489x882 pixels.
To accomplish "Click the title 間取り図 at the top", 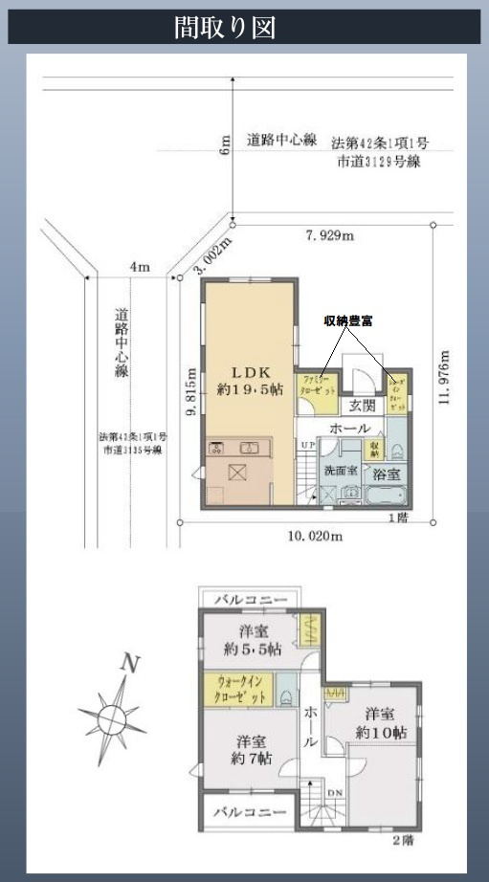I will (x=225, y=27).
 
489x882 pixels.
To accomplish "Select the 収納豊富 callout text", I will (x=347, y=321).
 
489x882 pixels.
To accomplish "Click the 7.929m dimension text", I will (x=329, y=235).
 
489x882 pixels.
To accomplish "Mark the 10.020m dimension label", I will (x=316, y=537).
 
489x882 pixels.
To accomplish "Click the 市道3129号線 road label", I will (x=379, y=162).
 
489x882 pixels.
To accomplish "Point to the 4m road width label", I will (x=142, y=267).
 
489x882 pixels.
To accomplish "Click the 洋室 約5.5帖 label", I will (x=248, y=640).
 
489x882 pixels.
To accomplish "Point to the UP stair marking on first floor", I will (x=306, y=446).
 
